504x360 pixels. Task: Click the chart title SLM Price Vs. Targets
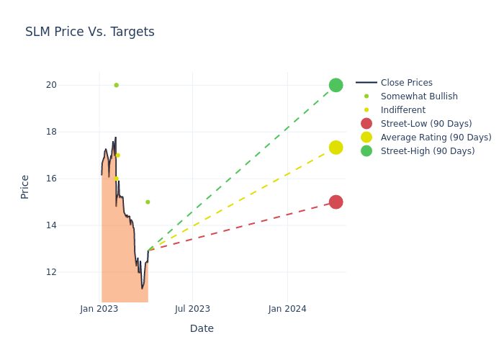(x=89, y=32)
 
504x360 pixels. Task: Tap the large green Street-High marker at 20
(x=336, y=85)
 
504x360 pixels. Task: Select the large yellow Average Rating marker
(x=336, y=148)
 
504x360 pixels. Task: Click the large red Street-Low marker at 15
(x=336, y=202)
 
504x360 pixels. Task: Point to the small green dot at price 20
(x=116, y=85)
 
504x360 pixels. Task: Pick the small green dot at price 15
(x=148, y=202)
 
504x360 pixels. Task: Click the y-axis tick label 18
(x=71, y=132)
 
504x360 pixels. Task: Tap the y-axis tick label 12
(x=71, y=272)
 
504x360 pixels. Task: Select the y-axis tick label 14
(x=71, y=225)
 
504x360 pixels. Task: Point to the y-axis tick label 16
(x=71, y=179)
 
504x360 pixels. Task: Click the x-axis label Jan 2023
(x=99, y=309)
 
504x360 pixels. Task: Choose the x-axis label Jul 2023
(x=192, y=309)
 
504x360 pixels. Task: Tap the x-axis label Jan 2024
(x=287, y=309)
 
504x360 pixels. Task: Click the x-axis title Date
(x=202, y=329)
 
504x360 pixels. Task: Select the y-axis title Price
(x=25, y=186)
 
